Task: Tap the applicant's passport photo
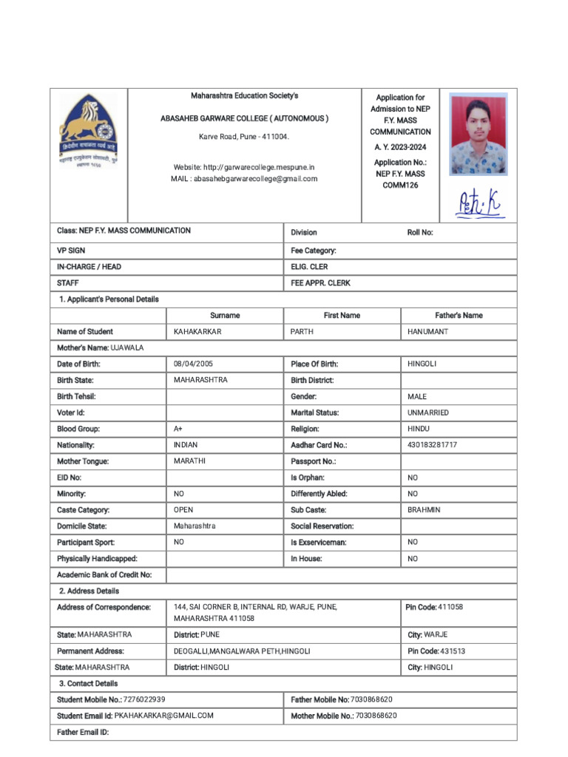pos(478,134)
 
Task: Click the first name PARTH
pos(302,332)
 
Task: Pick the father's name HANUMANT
pos(427,332)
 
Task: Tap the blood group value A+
pos(178,429)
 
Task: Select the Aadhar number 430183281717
pos(432,445)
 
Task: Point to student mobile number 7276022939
pos(144,699)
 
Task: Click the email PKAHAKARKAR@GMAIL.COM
pos(164,716)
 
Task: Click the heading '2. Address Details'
pos(89,591)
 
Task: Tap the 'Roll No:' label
pos(420,233)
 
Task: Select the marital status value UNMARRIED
pos(427,413)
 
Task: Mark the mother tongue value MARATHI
pos(189,461)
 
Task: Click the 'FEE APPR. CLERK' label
pos(320,283)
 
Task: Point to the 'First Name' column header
pos(342,316)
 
